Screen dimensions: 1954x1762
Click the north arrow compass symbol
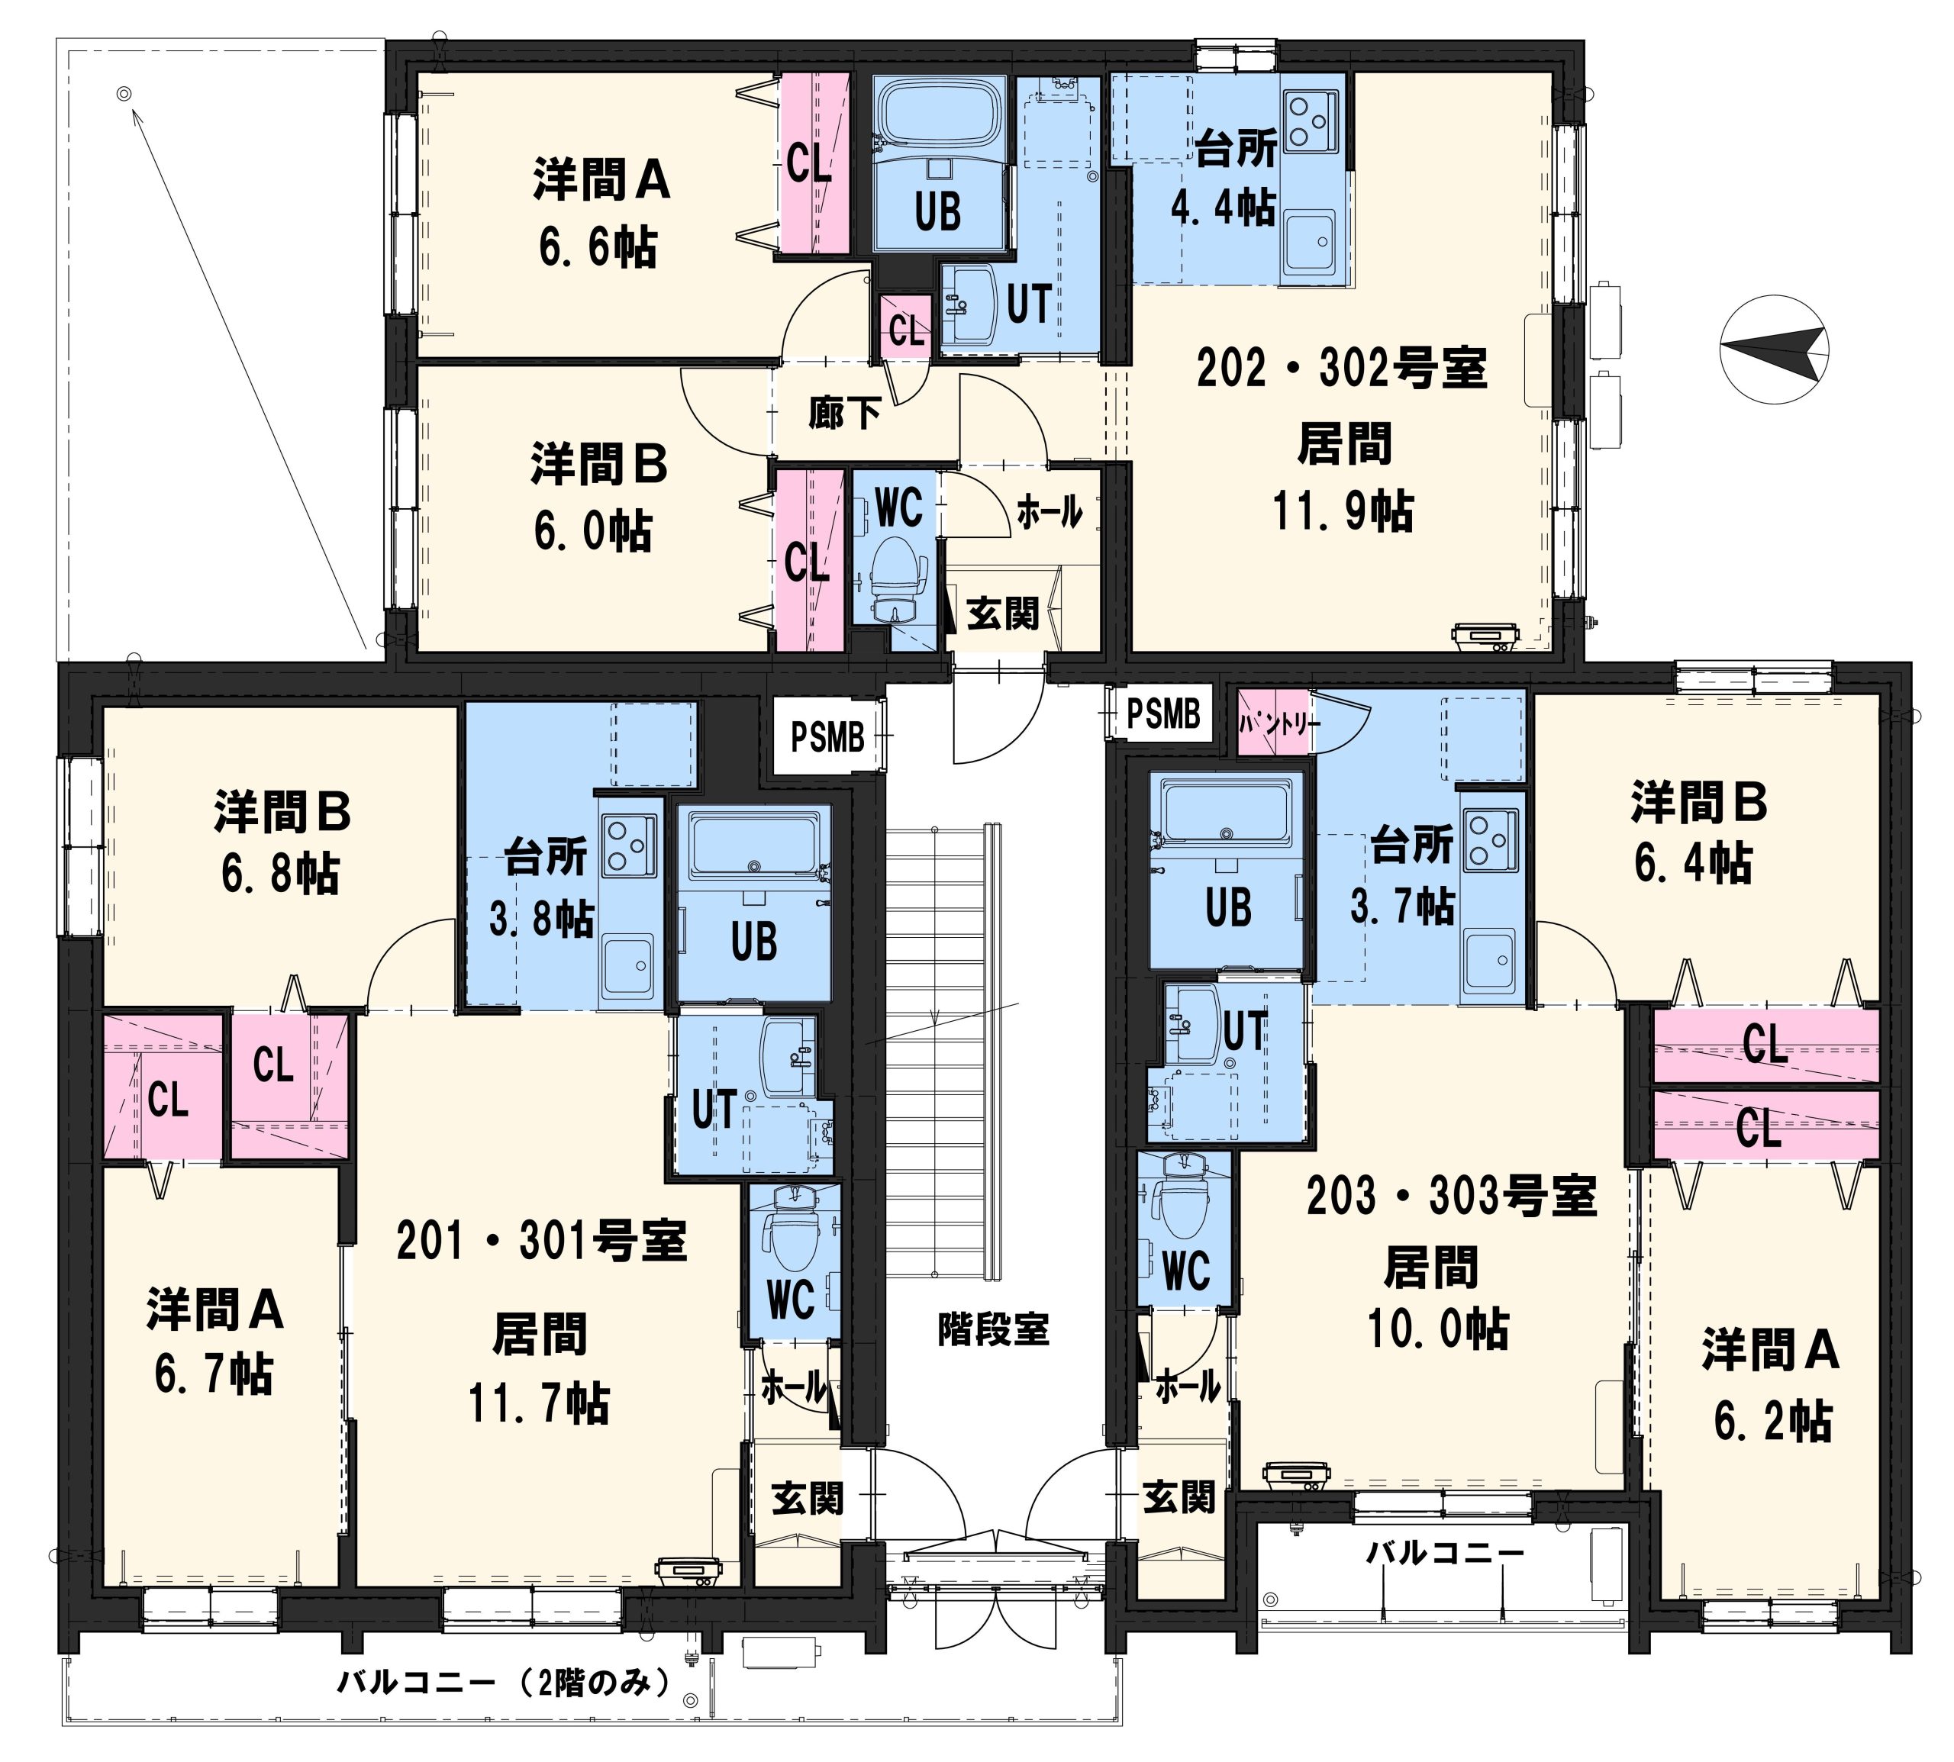click(x=1774, y=350)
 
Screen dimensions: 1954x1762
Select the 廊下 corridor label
click(x=844, y=414)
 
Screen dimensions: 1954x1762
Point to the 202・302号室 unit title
click(x=1342, y=368)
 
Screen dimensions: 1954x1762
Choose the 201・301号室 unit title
click(x=542, y=1241)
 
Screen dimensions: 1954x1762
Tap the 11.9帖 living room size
click(x=1343, y=511)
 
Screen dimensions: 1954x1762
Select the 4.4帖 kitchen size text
click(x=1223, y=206)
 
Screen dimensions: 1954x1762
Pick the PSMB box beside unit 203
click(x=1163, y=714)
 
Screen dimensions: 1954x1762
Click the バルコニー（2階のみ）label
click(x=504, y=1682)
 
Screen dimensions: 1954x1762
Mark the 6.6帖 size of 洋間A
click(x=598, y=247)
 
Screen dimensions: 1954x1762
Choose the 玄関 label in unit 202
click(x=1002, y=613)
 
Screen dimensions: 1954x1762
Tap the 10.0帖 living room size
click(x=1437, y=1329)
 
